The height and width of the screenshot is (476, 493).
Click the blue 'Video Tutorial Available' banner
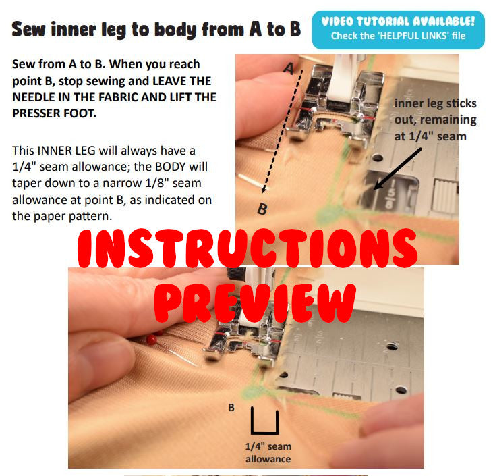coord(398,30)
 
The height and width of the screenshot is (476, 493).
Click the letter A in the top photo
coord(289,68)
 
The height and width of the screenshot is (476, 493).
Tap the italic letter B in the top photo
coord(262,209)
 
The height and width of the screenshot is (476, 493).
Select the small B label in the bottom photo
coord(231,408)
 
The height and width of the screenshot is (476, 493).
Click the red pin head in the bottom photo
coord(152,340)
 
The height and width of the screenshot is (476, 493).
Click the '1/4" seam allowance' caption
coord(268,452)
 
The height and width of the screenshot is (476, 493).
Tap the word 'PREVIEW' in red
coord(255,302)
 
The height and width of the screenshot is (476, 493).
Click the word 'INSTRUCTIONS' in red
coord(248,248)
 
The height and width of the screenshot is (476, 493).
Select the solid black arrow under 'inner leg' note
coord(397,169)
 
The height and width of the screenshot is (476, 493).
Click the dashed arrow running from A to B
coord(283,132)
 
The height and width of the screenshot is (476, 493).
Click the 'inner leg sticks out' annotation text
coord(436,120)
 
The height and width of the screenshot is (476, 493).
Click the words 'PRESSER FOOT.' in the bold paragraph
coord(54,113)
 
